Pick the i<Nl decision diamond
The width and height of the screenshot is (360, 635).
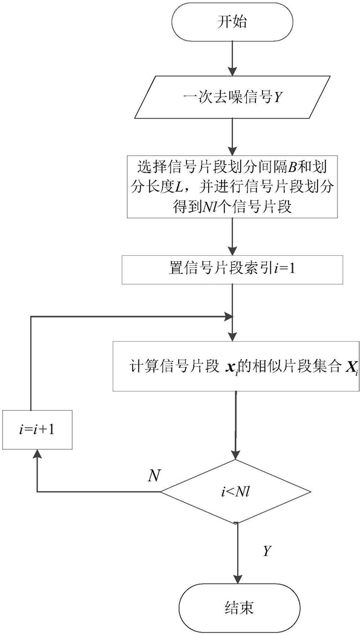tap(236, 492)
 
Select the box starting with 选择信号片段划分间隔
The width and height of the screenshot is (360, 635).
tap(232, 186)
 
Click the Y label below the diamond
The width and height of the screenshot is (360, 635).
tap(267, 551)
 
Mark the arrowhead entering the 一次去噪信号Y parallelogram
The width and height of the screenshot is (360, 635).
tap(232, 71)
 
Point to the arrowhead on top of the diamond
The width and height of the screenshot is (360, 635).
tap(236, 453)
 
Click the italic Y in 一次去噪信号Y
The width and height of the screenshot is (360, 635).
tap(277, 97)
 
